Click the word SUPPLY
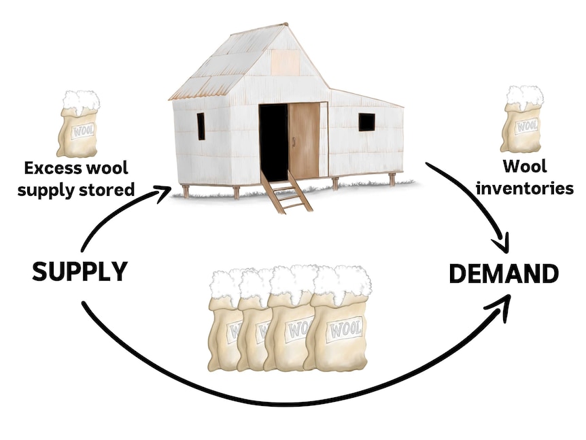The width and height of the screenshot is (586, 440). point(80,271)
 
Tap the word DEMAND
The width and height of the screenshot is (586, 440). point(504,273)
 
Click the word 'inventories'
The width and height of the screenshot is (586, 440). point(525,188)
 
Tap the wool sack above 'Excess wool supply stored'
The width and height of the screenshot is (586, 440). point(78,124)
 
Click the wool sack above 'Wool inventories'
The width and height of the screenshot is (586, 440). point(522,120)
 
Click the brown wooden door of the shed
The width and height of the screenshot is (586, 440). point(304,140)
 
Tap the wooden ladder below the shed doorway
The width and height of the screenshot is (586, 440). point(286,192)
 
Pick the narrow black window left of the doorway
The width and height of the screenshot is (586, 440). point(201,126)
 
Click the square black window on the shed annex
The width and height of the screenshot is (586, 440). point(366,122)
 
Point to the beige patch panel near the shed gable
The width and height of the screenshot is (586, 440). point(285,63)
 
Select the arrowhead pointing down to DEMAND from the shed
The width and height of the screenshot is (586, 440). point(502,243)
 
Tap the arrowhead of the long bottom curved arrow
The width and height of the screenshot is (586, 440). point(500,307)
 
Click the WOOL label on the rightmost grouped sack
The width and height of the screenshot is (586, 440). point(345,330)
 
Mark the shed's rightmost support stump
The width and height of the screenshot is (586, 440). point(392,180)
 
